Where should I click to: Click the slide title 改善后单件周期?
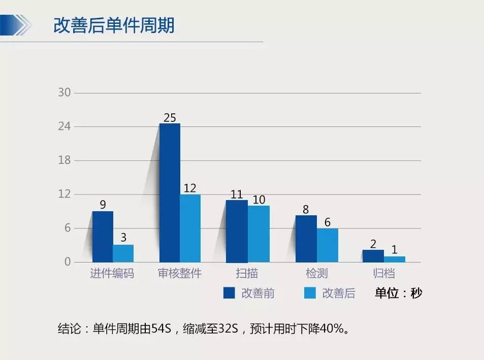click(114, 25)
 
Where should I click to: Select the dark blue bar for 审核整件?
click(170, 193)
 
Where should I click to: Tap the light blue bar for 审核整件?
click(190, 228)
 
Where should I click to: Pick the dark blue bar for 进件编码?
click(103, 237)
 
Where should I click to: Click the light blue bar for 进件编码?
click(123, 253)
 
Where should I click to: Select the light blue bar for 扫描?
click(259, 234)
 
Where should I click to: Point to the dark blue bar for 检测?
click(306, 239)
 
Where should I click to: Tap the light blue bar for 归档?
click(395, 259)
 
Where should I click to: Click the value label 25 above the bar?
click(170, 118)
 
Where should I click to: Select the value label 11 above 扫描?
click(237, 194)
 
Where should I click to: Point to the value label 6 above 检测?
click(328, 222)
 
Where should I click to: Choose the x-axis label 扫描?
click(247, 274)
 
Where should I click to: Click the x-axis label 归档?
click(383, 274)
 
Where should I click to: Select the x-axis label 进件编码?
click(112, 274)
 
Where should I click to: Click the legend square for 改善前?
click(229, 293)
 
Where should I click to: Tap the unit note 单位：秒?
click(398, 293)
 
